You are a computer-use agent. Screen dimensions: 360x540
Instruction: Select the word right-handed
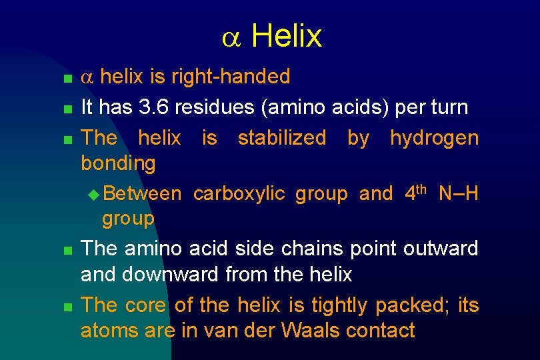(x=230, y=77)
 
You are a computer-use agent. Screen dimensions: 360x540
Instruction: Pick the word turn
(x=448, y=107)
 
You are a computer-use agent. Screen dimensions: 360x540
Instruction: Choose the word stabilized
(x=282, y=138)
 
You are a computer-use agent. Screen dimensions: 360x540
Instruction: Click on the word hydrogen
(x=434, y=139)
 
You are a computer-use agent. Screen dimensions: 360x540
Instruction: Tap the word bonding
(x=118, y=163)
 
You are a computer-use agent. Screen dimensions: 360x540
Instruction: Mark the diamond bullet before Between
(x=93, y=194)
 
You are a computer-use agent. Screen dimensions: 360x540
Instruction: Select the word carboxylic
(x=239, y=194)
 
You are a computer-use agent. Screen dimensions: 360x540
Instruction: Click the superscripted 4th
(x=415, y=192)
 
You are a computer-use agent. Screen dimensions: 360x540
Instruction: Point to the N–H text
(x=458, y=194)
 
